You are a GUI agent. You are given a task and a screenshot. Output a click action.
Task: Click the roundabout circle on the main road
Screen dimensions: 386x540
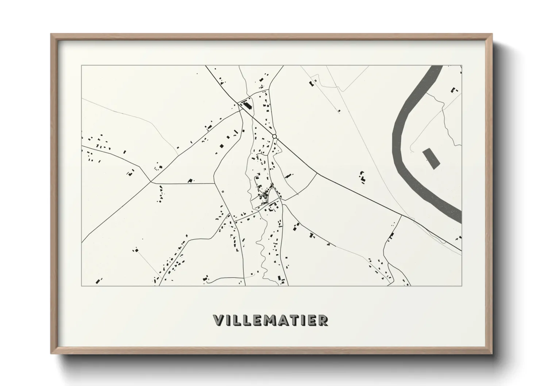click(274, 136)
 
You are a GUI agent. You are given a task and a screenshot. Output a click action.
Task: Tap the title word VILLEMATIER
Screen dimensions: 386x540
click(270, 320)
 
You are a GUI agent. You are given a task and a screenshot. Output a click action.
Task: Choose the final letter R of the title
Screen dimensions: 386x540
click(323, 320)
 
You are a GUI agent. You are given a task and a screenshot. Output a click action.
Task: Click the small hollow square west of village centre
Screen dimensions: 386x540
click(222, 191)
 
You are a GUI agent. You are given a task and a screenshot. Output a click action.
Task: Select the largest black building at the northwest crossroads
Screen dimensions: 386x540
click(248, 106)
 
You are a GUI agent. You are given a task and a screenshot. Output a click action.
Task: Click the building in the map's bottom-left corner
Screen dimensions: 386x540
click(98, 281)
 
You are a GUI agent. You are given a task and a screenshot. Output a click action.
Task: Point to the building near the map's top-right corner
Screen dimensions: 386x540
click(454, 90)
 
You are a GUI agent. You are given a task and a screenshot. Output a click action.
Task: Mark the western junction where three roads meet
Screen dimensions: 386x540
click(151, 181)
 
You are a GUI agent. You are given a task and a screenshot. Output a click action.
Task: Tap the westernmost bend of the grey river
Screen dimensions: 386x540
click(396, 146)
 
